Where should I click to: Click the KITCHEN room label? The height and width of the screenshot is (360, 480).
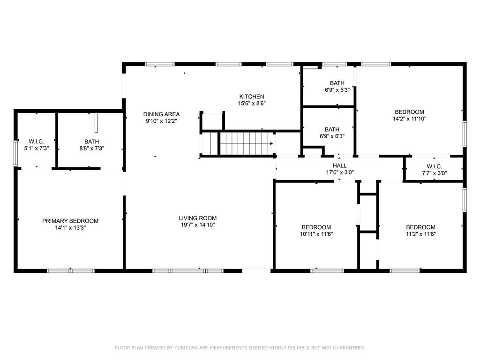pos(252,97)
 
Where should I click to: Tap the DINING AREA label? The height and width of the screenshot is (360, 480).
pos(161,114)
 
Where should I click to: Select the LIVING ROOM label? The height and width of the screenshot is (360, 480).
pos(198,218)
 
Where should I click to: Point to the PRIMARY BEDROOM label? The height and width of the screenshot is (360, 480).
pos(70,221)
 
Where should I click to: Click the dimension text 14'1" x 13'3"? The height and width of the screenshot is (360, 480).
pos(70,228)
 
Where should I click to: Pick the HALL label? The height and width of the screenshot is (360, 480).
pos(340,165)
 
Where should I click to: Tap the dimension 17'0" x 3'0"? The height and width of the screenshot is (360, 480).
pos(340,172)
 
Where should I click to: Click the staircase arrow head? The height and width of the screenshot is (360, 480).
pos(271,143)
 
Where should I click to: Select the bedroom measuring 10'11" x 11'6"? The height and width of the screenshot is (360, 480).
pos(316,227)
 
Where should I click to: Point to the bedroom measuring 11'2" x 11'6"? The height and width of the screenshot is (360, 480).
pos(420,227)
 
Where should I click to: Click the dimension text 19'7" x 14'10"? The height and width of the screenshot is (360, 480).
pos(198,225)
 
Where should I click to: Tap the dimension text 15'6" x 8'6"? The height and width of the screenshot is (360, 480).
pos(252,104)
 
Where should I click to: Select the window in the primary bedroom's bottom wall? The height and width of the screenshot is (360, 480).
pos(71,270)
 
